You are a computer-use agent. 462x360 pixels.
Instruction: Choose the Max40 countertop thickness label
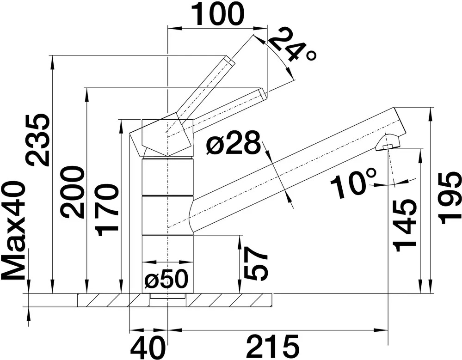point(13,231)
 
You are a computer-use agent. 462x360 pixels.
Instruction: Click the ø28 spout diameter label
point(234,143)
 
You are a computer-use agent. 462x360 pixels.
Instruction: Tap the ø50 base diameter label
point(166,279)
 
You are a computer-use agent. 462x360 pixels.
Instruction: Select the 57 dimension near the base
point(256,263)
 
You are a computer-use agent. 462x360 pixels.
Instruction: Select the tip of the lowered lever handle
point(263,93)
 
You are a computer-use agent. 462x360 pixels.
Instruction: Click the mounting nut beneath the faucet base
point(168,296)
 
